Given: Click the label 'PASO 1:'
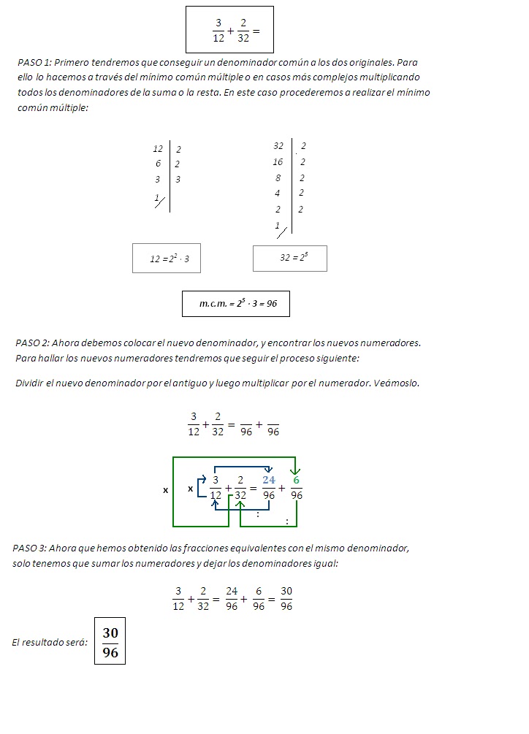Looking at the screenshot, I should coord(34,63).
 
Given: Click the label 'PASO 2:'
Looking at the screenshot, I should coord(32,343).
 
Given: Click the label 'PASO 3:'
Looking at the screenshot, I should coord(30,548).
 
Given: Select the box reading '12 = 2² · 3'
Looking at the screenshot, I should coord(167,259).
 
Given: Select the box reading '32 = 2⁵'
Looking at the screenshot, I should coord(290,258).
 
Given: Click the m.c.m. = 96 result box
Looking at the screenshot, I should coord(236,304).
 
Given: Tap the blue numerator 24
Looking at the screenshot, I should coord(270,480).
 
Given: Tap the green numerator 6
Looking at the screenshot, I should coord(296,480).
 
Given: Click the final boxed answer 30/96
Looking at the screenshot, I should coord(110,642).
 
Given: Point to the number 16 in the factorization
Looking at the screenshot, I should coord(278,162).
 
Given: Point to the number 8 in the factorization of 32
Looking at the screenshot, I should coord(278,177).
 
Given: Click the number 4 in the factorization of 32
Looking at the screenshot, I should coord(278,194).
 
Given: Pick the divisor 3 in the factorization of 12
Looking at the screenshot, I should coord(178,179).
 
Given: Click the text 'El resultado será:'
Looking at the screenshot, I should coord(50,643).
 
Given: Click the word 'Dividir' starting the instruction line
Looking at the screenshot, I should coord(29,383).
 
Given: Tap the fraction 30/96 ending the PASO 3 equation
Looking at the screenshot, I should coord(286,599).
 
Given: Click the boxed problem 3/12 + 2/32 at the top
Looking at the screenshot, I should coord(229,30).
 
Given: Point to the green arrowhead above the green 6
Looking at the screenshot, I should coord(294,471).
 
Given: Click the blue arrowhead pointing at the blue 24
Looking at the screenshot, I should coord(269,470).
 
